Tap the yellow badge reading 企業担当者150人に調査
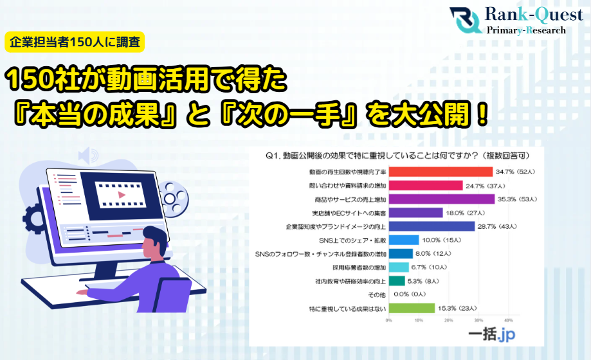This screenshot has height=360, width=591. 75,42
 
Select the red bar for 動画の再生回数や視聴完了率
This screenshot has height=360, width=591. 441,172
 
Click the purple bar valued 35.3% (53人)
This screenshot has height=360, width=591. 441,199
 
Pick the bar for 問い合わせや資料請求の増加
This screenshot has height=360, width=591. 425,185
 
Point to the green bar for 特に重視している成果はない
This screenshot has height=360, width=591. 412,308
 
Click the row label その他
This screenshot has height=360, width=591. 377,294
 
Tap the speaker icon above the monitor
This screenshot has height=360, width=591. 87,156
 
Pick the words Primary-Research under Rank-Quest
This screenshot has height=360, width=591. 526,30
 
